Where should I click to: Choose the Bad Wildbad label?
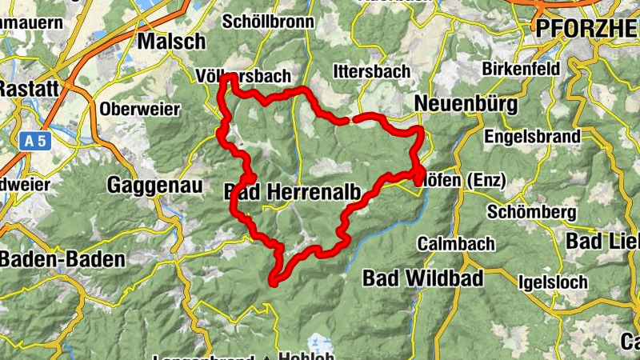[x=423, y=278]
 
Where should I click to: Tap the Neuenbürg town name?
[x=466, y=105]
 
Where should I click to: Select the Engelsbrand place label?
[x=533, y=136]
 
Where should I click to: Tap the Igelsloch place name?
[x=553, y=282]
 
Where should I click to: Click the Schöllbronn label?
[x=269, y=22]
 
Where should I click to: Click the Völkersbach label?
[x=242, y=76]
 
